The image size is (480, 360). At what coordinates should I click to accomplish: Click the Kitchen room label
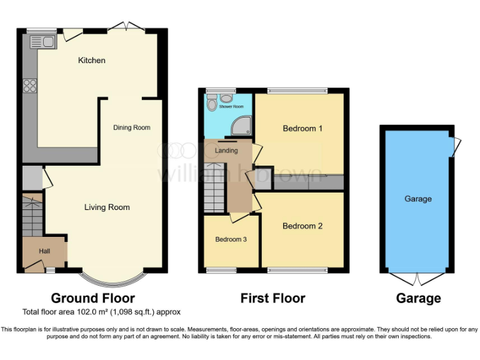pyautogui.click(x=91, y=61)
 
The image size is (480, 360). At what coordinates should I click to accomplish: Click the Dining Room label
pyautogui.click(x=131, y=127)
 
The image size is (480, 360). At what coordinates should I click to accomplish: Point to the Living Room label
pyautogui.click(x=107, y=207)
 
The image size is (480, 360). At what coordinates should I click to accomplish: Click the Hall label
pyautogui.click(x=44, y=251)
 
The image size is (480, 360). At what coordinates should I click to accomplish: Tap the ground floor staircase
pyautogui.click(x=31, y=216)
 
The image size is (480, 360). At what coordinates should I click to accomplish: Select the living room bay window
pyautogui.click(x=114, y=276)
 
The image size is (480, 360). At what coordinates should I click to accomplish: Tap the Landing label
pyautogui.click(x=226, y=151)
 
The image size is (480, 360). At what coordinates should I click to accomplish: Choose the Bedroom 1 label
pyautogui.click(x=302, y=129)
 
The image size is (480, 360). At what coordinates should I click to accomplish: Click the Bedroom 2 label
pyautogui.click(x=302, y=226)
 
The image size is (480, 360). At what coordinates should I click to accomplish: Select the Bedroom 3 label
pyautogui.click(x=231, y=239)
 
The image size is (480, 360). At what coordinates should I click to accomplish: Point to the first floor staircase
pyautogui.click(x=214, y=187)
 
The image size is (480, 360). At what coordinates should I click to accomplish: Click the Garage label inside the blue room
pyautogui.click(x=418, y=199)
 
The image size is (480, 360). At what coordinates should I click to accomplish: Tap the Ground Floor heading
pyautogui.click(x=92, y=298)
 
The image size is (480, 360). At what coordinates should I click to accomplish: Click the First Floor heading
pyautogui.click(x=272, y=298)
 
